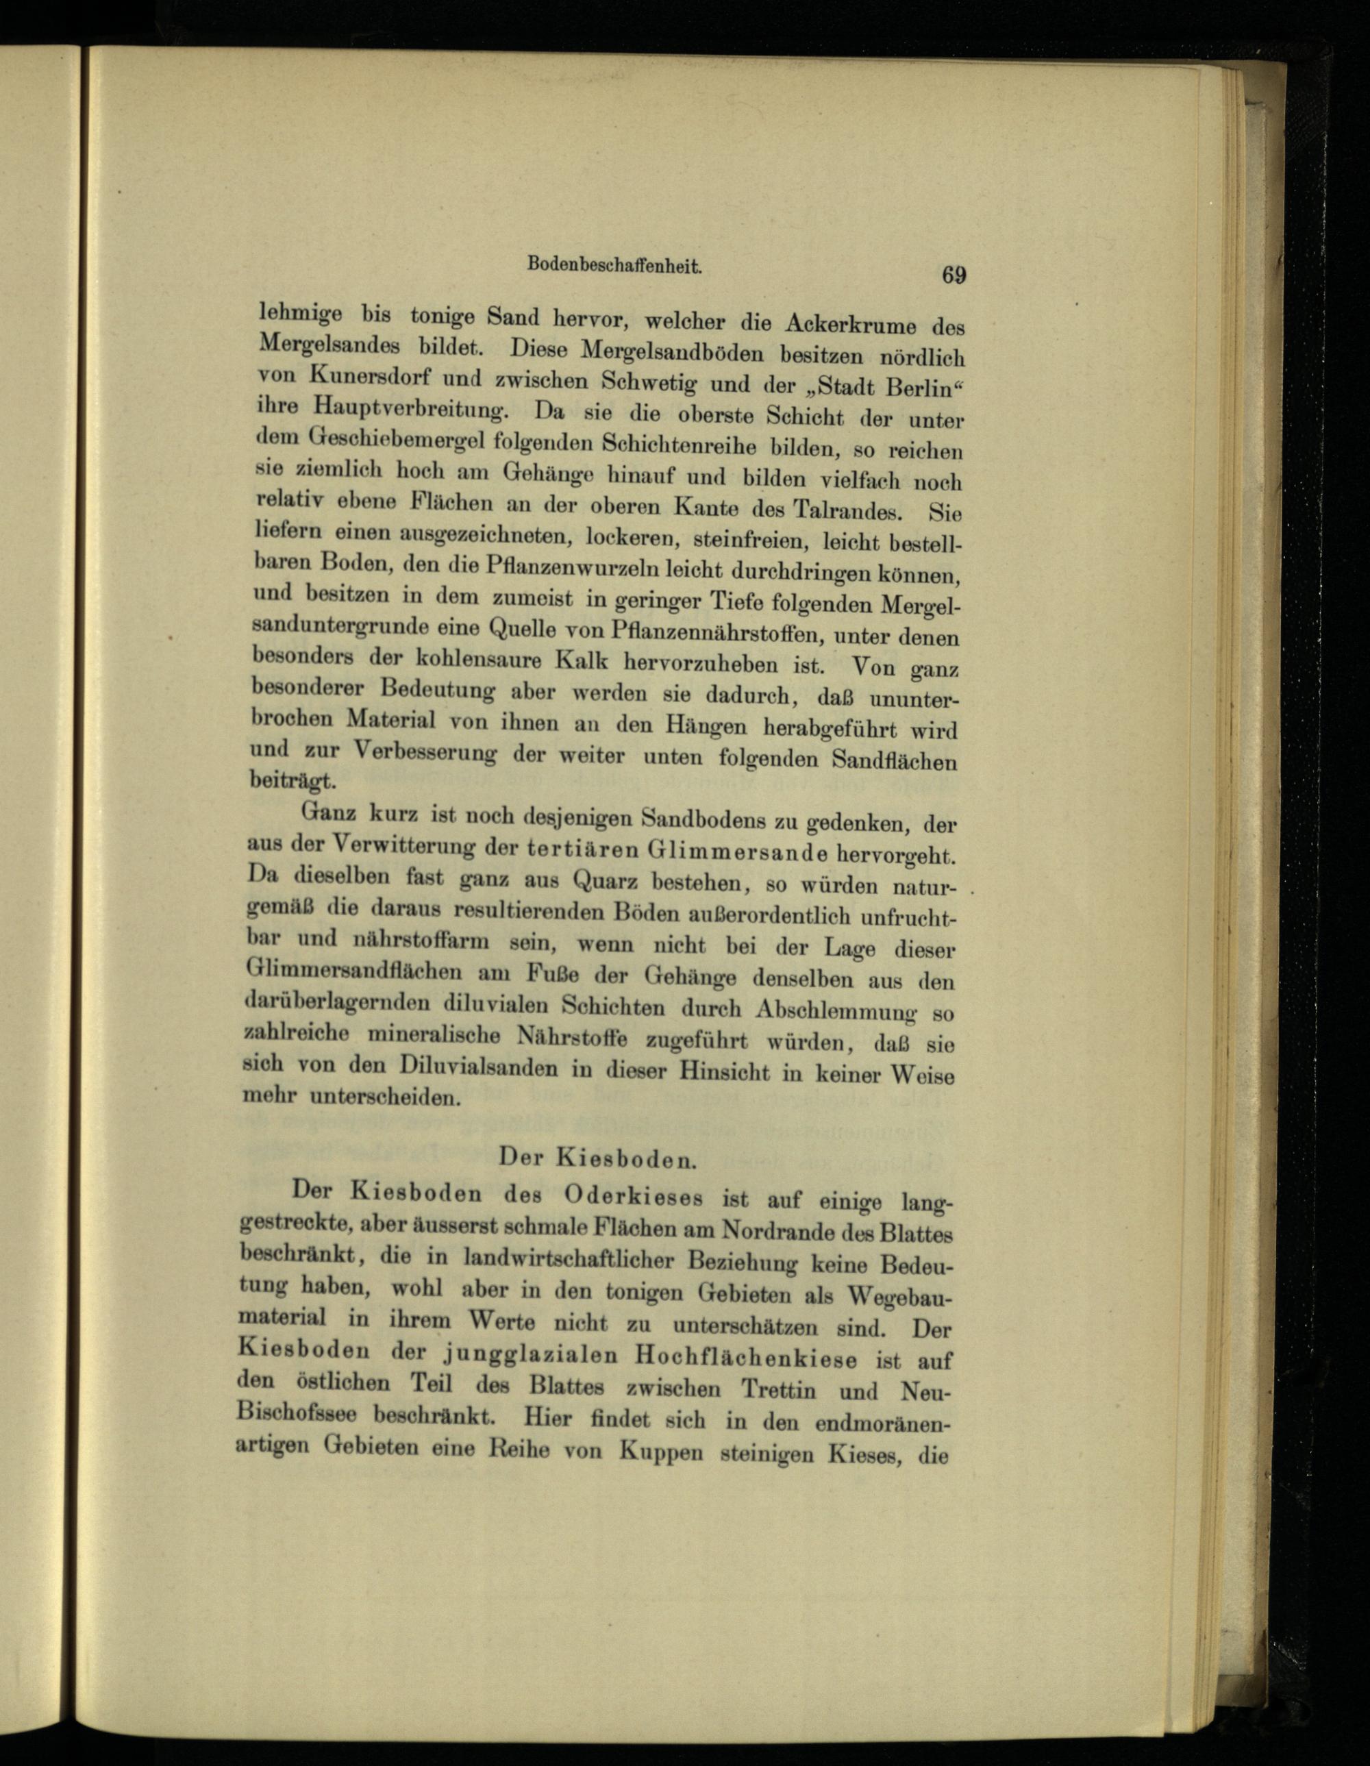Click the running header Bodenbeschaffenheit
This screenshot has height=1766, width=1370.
[614, 263]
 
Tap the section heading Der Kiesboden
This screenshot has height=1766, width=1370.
[597, 1158]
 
